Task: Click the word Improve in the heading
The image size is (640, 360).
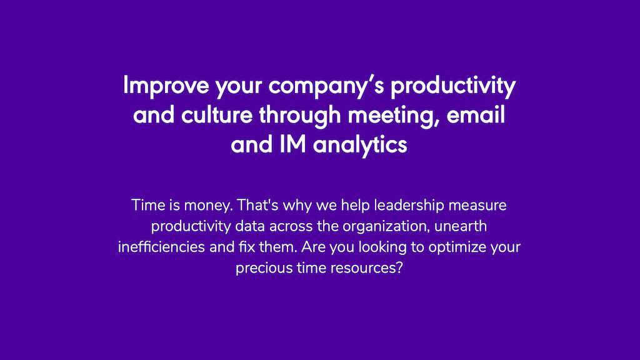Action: click(x=166, y=86)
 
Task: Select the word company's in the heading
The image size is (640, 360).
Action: click(x=326, y=86)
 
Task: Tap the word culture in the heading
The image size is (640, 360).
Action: click(x=217, y=115)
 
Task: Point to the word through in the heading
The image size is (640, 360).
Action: click(x=299, y=116)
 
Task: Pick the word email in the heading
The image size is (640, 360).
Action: click(x=476, y=115)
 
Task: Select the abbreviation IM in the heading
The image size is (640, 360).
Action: click(x=292, y=144)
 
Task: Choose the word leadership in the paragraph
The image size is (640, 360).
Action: click(x=409, y=206)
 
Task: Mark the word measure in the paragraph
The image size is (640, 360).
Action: click(x=477, y=206)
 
